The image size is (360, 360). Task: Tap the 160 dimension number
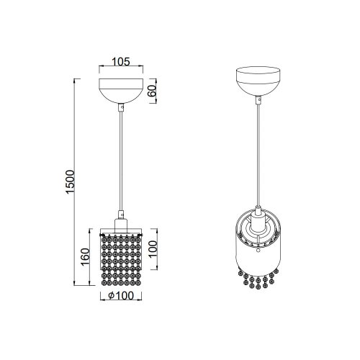(84, 257)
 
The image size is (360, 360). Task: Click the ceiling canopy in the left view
(125, 88)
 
